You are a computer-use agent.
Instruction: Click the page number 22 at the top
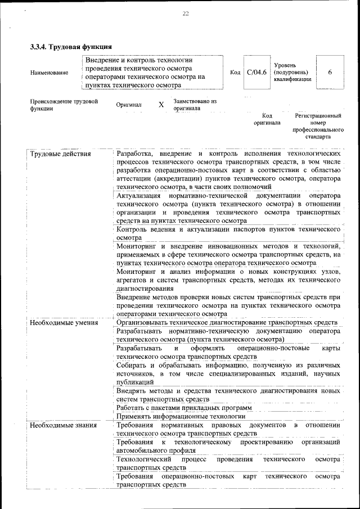click(x=185, y=14)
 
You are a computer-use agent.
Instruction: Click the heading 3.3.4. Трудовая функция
click(x=71, y=46)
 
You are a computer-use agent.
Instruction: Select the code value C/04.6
click(x=256, y=72)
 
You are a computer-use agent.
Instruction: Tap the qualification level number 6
click(x=330, y=72)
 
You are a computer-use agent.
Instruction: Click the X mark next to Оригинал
click(x=161, y=105)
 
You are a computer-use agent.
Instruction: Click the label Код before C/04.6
click(x=235, y=72)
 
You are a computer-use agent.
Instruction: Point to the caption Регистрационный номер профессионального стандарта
click(x=318, y=125)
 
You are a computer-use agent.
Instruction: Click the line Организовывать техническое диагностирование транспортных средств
click(x=227, y=323)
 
